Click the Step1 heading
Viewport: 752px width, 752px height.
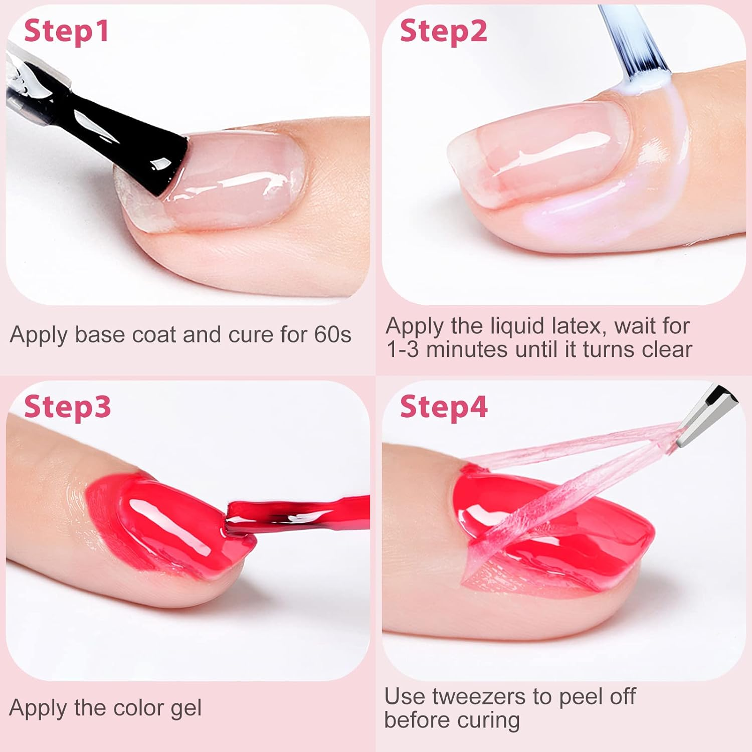(66, 31)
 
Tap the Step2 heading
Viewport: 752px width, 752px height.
(443, 31)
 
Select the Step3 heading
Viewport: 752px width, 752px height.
(67, 407)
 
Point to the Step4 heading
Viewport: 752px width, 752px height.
(443, 407)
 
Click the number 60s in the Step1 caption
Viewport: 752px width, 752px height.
(333, 335)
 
